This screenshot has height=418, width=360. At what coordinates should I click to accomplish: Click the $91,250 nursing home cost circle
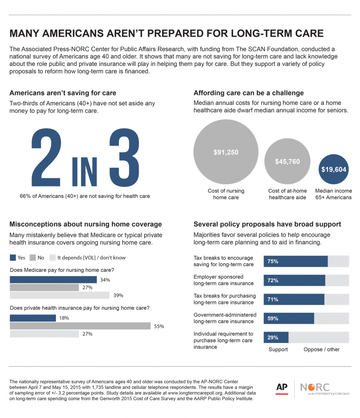(226, 153)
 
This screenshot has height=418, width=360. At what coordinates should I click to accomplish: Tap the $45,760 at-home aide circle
(287, 162)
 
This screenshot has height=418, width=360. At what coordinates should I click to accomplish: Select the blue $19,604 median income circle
(333, 169)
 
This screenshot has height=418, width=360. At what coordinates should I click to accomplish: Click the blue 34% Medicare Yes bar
(53, 280)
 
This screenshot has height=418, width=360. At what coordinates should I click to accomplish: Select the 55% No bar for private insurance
(80, 326)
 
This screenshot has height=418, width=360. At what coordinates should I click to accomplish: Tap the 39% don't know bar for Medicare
(60, 295)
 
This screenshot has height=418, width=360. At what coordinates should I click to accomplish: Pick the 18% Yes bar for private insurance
(33, 318)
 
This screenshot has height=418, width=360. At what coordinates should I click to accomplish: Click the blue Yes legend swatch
(13, 258)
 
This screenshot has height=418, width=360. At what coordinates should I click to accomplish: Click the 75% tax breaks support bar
(296, 261)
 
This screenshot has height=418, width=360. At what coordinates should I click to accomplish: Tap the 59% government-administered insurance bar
(289, 318)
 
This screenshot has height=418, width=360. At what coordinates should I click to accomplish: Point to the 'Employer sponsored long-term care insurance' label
(224, 280)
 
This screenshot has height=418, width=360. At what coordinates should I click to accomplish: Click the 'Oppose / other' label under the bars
(321, 349)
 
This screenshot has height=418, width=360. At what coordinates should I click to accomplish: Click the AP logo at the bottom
(282, 388)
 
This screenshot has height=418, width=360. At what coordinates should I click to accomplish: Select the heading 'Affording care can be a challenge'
(248, 93)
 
